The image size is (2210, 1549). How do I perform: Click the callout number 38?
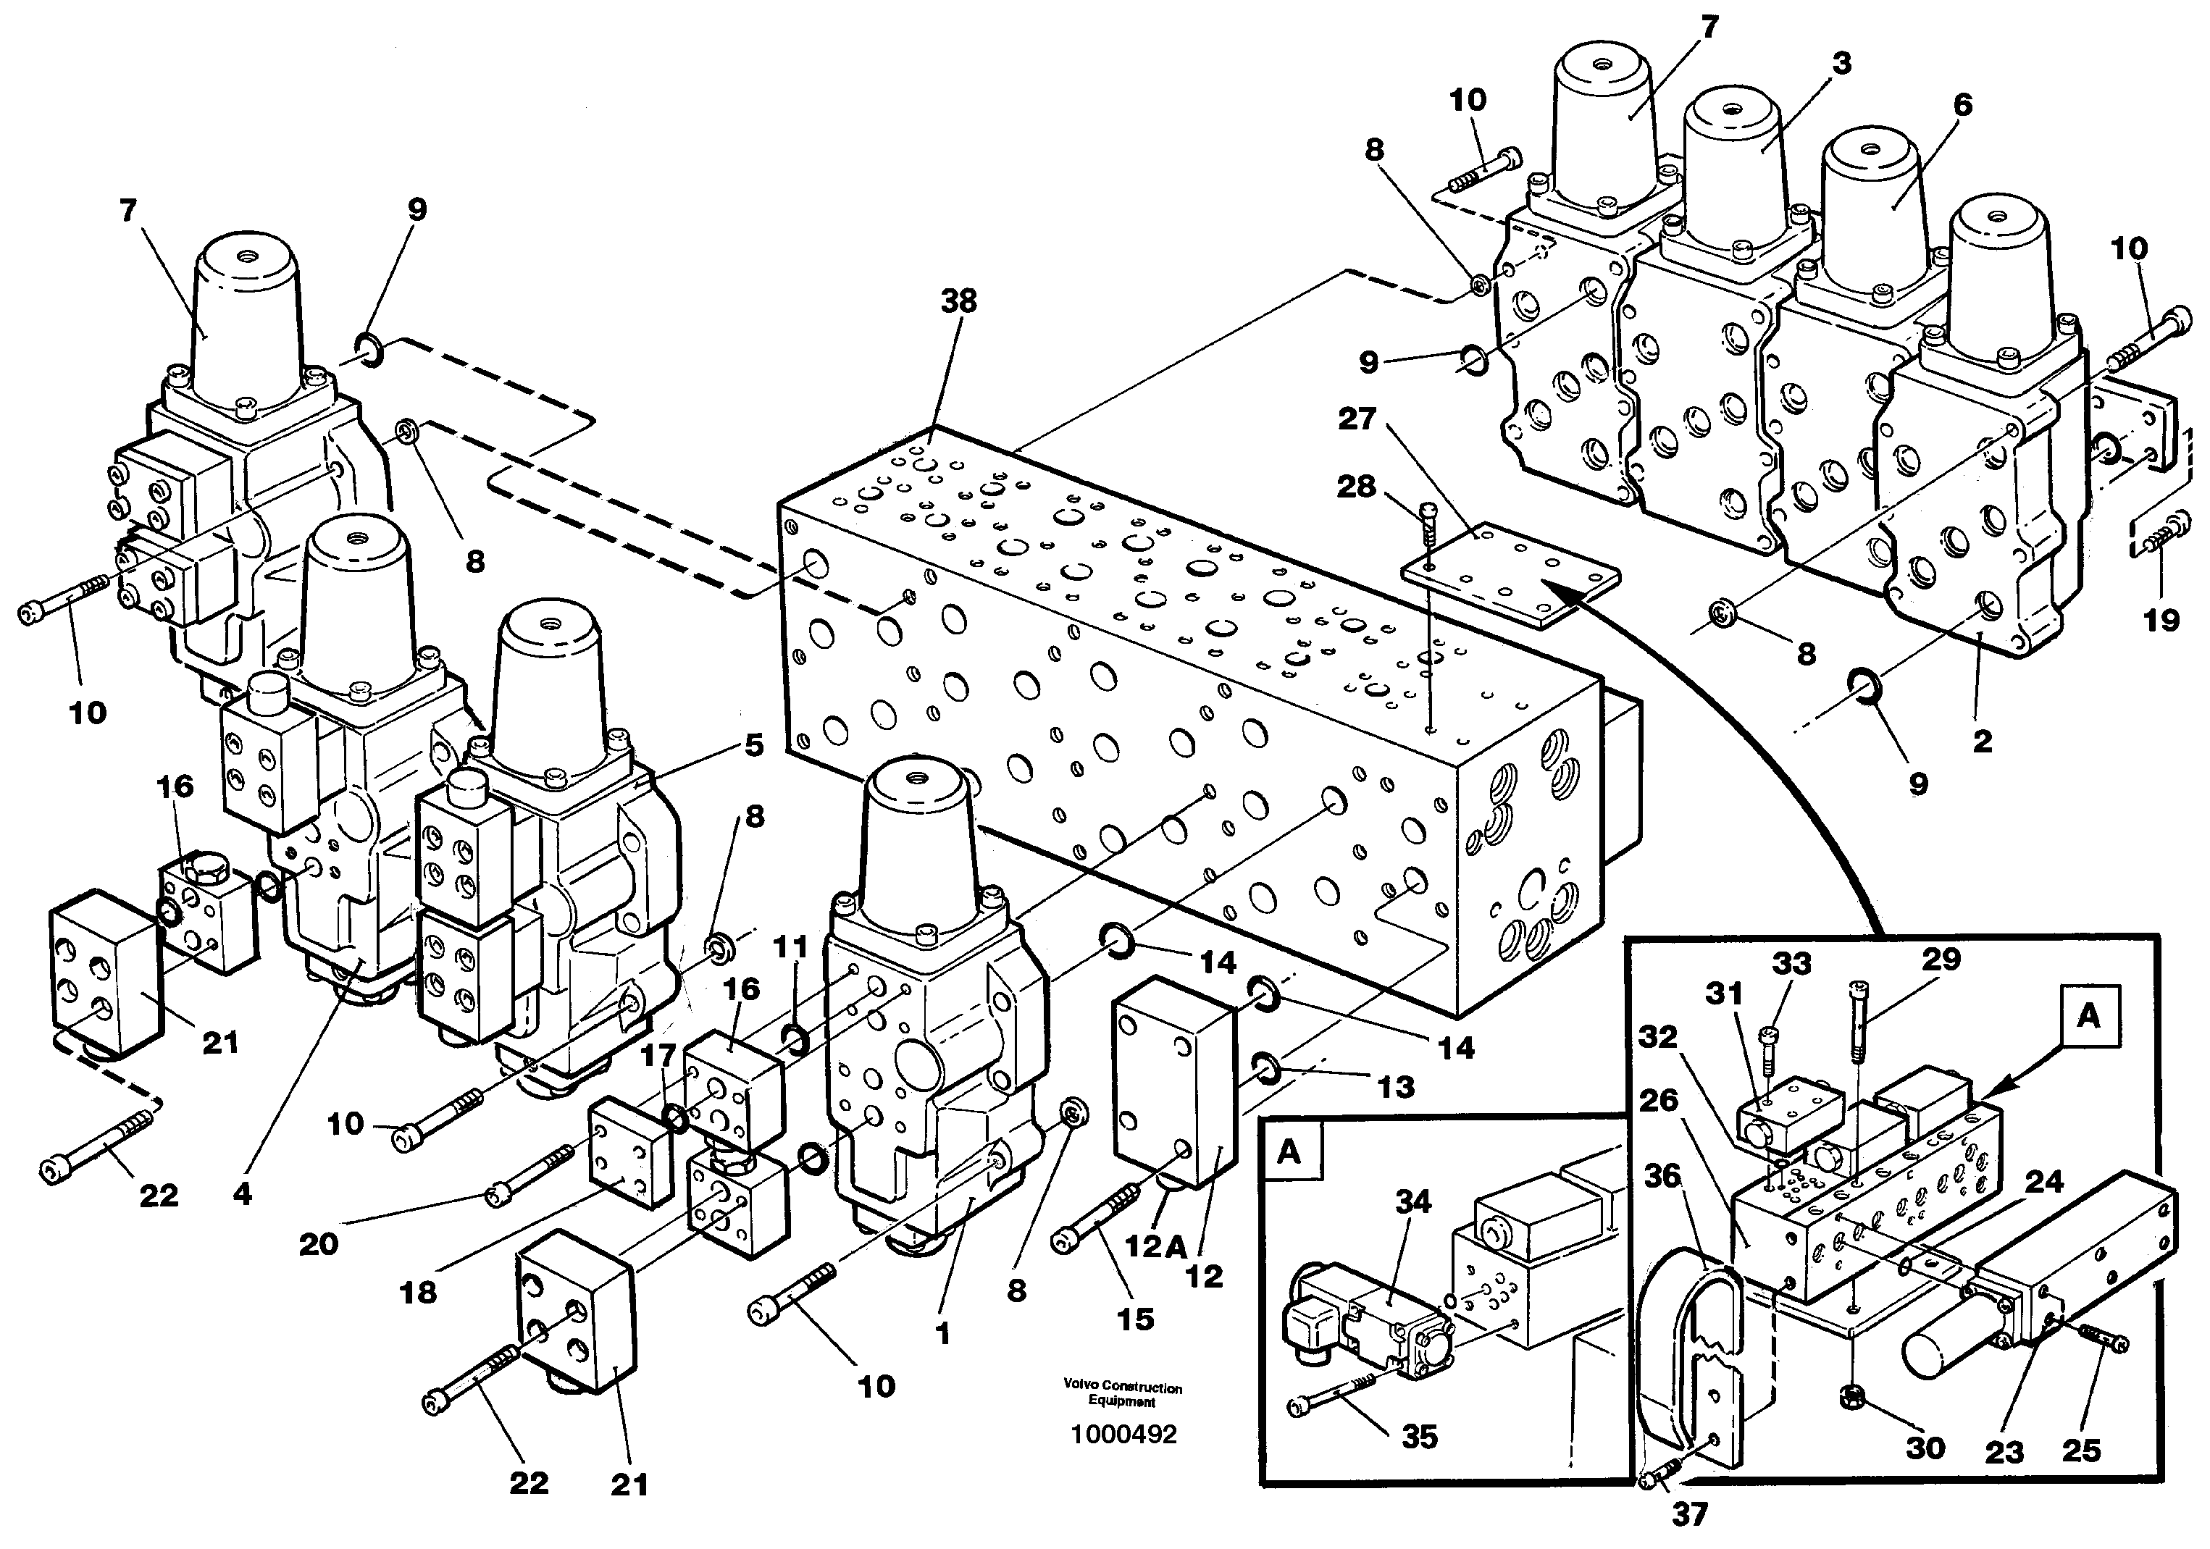[959, 301]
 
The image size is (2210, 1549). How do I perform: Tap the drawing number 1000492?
[1123, 1435]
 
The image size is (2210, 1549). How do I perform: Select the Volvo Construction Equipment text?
[1122, 1394]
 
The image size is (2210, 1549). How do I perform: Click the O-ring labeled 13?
[1265, 1065]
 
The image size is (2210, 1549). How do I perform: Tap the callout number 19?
[2160, 620]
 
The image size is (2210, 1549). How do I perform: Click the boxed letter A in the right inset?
[2087, 1016]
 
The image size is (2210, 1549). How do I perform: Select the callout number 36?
[1662, 1176]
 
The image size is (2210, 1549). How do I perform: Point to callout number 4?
[242, 1194]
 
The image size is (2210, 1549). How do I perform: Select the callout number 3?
[1841, 64]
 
